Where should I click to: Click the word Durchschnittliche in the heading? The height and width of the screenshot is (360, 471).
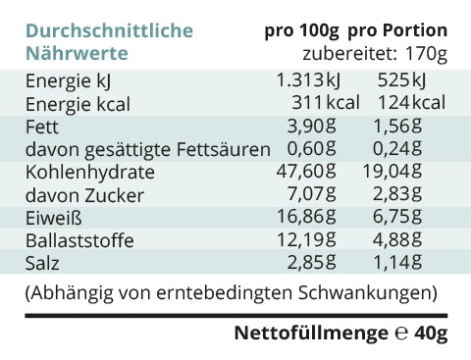click(109, 30)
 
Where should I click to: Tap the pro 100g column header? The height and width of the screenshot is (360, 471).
click(301, 30)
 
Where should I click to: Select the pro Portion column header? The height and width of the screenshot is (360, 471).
click(397, 30)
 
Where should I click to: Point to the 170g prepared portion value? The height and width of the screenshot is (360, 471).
click(426, 54)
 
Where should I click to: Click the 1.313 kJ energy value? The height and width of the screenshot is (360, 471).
click(308, 80)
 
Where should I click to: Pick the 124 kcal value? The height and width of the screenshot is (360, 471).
click(412, 102)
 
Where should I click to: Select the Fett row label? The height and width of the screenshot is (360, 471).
click(42, 127)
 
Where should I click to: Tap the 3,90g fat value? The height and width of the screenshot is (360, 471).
click(311, 126)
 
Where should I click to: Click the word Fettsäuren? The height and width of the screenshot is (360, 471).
click(224, 149)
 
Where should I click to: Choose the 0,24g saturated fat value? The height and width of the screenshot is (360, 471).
click(397, 148)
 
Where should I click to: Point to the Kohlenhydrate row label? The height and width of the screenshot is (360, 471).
click(90, 172)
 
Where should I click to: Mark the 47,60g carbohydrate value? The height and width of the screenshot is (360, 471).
click(306, 171)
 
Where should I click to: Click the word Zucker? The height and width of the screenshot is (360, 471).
click(114, 195)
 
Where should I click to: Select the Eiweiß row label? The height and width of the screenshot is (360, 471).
click(54, 218)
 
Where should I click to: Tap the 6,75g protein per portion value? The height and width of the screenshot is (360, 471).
click(397, 217)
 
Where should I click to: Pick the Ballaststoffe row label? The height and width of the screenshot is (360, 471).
click(79, 240)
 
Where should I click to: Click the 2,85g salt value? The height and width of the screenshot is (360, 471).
click(311, 262)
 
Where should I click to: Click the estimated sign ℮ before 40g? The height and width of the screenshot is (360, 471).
click(401, 334)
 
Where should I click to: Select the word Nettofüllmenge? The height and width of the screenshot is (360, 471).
click(311, 334)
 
